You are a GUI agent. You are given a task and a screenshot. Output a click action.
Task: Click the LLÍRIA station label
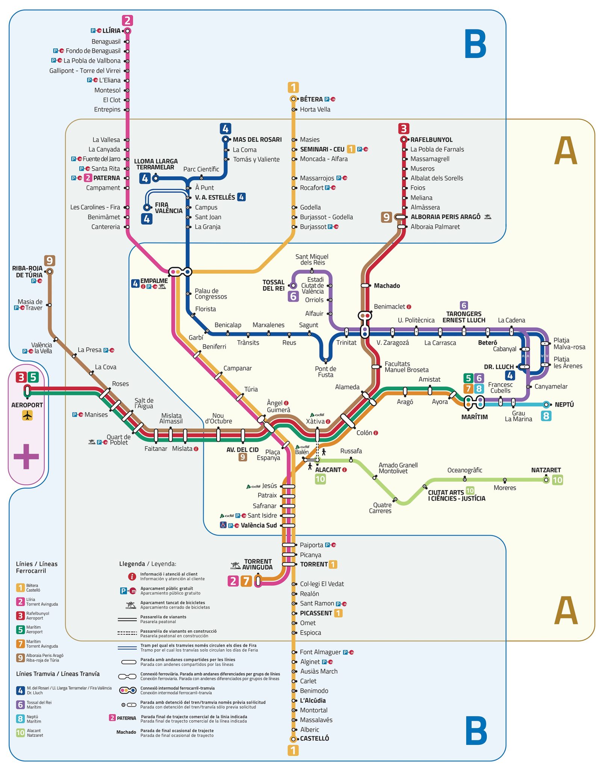(x=111, y=31)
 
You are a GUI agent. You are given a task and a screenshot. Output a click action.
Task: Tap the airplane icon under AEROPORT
(x=27, y=415)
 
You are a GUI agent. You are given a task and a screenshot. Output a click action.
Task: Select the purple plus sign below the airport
(x=26, y=456)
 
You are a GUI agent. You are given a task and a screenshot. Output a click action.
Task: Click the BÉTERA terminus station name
(x=311, y=99)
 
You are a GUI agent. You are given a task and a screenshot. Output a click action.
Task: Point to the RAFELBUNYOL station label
(x=431, y=140)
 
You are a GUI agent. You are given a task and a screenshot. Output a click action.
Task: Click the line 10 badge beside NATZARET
(x=557, y=479)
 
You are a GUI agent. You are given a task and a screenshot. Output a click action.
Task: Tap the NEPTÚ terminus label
(x=564, y=404)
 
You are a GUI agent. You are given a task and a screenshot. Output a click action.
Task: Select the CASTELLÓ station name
(x=314, y=738)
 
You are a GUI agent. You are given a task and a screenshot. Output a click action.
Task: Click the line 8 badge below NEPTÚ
(x=546, y=416)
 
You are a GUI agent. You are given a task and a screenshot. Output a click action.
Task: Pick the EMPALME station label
(x=154, y=281)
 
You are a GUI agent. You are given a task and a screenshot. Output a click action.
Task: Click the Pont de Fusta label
(x=325, y=372)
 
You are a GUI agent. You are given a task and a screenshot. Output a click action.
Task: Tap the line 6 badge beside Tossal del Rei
(x=293, y=296)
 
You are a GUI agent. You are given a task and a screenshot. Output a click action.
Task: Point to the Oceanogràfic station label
(x=465, y=470)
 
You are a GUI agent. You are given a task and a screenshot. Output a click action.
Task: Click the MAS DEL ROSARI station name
(x=257, y=140)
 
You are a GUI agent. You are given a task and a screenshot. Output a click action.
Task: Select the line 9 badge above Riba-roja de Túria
(x=50, y=260)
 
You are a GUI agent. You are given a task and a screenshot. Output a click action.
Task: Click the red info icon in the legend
(x=132, y=576)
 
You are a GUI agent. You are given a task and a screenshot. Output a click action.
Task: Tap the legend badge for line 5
(x=20, y=630)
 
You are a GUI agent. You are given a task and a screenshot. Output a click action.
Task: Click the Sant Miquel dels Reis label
(x=312, y=259)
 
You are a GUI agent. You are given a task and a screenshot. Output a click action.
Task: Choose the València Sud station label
(x=259, y=525)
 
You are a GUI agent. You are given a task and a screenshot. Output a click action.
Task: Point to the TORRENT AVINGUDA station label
(x=257, y=564)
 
